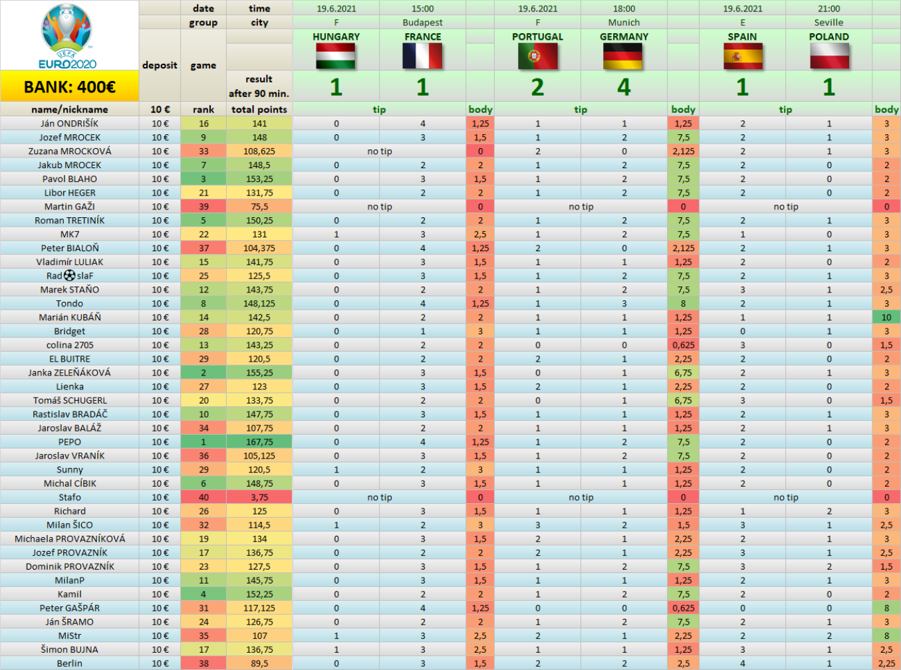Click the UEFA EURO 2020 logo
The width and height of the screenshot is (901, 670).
click(67, 36)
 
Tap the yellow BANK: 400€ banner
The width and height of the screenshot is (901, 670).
click(69, 86)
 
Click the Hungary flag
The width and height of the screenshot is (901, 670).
click(336, 56)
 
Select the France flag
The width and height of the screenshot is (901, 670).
click(422, 56)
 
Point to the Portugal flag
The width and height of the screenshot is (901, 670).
click(537, 56)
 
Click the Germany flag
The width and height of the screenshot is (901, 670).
click(624, 56)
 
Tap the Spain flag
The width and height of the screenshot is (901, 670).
click(743, 56)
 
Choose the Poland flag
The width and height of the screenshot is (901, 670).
click(829, 56)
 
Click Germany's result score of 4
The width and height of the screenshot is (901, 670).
click(624, 87)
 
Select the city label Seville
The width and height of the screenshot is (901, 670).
click(829, 23)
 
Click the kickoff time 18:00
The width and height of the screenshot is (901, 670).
click(624, 9)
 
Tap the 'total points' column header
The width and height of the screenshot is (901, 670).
click(259, 109)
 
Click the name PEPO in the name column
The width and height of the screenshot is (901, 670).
click(69, 442)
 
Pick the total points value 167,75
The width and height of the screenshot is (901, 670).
click(259, 442)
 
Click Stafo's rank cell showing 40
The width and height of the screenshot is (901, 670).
click(203, 497)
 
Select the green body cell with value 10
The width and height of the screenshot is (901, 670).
click(886, 317)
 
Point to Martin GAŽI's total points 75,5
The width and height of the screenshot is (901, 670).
click(259, 206)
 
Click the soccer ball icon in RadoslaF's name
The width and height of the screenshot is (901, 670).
click(69, 276)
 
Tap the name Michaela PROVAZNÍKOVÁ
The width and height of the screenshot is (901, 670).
click(70, 539)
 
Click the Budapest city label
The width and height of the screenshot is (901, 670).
click(422, 23)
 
